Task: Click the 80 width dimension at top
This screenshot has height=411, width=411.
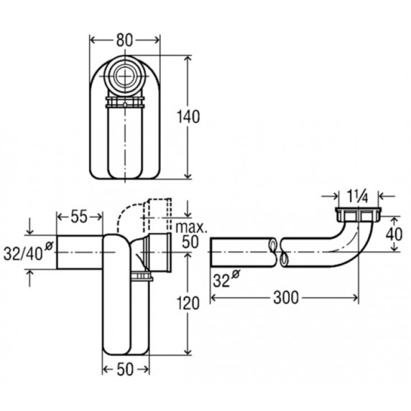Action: [125, 40]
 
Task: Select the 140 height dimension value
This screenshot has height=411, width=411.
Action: [188, 117]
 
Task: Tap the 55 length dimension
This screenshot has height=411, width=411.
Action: [79, 216]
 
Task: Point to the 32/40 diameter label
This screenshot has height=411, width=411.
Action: [28, 251]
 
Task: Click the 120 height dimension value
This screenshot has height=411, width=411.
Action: [188, 303]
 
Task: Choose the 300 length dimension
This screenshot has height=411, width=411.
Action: [286, 298]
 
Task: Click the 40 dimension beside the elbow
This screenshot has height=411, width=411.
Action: [394, 234]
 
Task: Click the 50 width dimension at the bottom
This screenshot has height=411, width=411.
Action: [125, 370]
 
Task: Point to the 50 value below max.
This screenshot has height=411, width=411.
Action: [190, 242]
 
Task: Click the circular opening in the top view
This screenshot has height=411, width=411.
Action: [125, 76]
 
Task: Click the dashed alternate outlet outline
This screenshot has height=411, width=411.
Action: [145, 215]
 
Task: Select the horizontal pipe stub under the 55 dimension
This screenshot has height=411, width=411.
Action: [79, 252]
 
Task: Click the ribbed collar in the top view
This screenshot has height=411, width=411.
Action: [125, 102]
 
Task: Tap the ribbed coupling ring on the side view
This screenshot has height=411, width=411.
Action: [141, 277]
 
